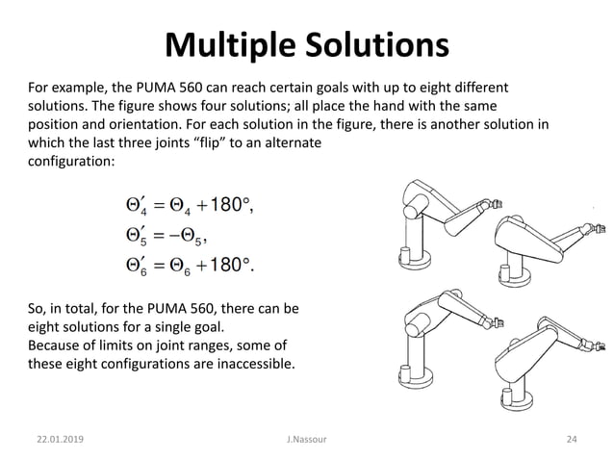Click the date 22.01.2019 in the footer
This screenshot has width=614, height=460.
57,440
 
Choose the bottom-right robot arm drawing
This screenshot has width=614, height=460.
544,361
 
